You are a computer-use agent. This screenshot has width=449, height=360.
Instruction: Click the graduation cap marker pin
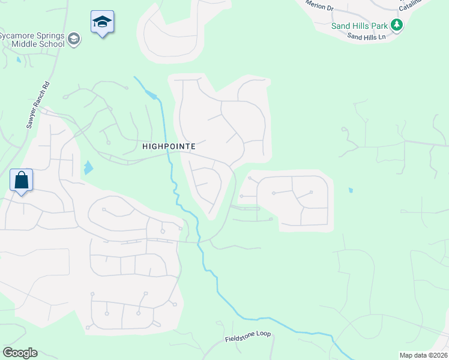pyautogui.click(x=103, y=22)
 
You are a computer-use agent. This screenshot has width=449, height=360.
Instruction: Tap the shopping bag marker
pyautogui.click(x=21, y=180)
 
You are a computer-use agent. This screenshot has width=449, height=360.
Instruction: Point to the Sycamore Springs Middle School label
pyautogui.click(x=33, y=40)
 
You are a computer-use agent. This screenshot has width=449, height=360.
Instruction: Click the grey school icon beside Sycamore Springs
pyautogui.click(x=74, y=39)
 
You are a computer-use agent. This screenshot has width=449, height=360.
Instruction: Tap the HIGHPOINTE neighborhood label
pyautogui.click(x=169, y=146)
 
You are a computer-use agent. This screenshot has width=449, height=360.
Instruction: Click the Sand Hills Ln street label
pyautogui.click(x=366, y=37)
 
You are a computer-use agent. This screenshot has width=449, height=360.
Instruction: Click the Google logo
pyautogui.click(x=20, y=353)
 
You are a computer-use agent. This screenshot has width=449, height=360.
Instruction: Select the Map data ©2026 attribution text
pyautogui.click(x=423, y=355)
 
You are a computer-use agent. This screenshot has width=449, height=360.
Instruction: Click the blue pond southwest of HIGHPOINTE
pyautogui.click(x=89, y=167)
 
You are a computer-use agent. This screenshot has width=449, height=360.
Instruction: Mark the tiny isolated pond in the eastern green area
pyautogui.click(x=350, y=191)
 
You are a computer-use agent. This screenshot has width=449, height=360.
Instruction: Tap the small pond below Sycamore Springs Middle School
pyautogui.click(x=19, y=59)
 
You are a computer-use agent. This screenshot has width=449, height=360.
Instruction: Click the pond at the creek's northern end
pyautogui.click(x=154, y=96)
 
